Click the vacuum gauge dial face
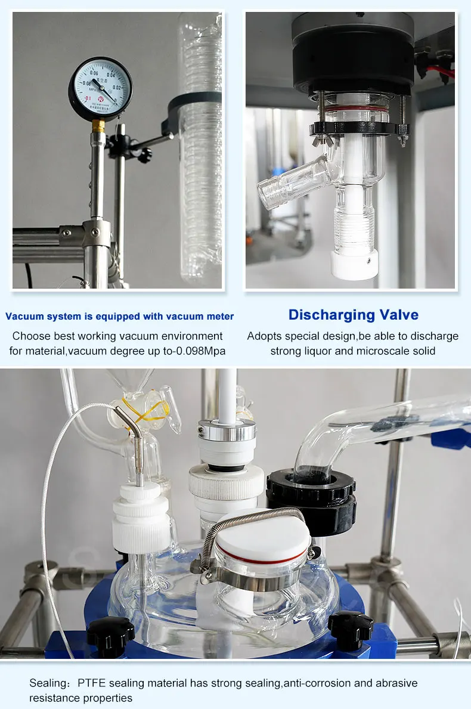point(100,88)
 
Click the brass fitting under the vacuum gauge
point(98,125)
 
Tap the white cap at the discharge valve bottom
point(354,264)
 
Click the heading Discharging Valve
point(354,315)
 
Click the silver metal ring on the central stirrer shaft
point(227,430)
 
